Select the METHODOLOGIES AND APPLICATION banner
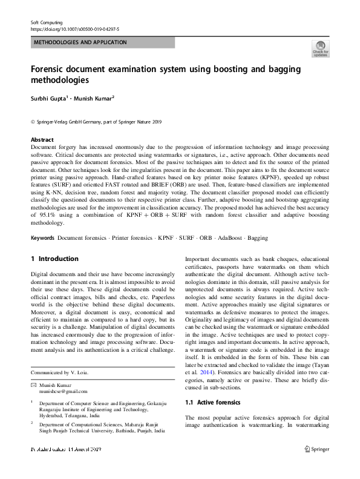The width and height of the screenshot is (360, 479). pos(80,42)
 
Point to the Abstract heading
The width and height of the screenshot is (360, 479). pos(42,139)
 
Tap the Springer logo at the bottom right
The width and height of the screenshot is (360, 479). pos(318,465)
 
